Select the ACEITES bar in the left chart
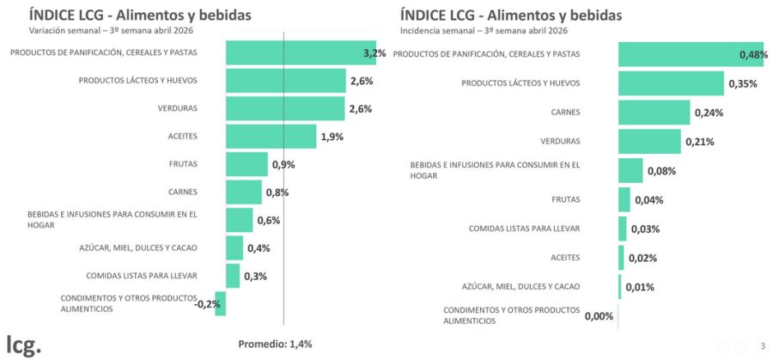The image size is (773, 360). (271, 136)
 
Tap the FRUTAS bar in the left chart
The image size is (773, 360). (247, 164)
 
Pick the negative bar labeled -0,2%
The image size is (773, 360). (221, 303)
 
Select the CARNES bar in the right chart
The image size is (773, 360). (654, 113)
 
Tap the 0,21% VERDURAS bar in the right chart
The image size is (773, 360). (649, 141)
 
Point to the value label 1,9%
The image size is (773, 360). (332, 137)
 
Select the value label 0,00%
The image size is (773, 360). (599, 316)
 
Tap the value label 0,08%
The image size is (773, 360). (661, 171)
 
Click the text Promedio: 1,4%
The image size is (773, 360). (275, 344)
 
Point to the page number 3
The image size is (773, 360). (762, 345)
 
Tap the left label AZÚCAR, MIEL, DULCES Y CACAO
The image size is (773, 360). (137, 248)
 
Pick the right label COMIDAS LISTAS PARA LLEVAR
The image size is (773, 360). (524, 229)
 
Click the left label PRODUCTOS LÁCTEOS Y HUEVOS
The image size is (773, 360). (138, 81)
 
